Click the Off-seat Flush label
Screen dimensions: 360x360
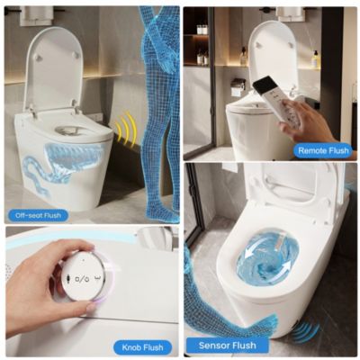pyautogui.click(x=39, y=215)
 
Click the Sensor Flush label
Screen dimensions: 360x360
pyautogui.click(x=220, y=345)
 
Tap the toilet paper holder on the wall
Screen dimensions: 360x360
pyautogui.click(x=238, y=88)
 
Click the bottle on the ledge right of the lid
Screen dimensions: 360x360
pyautogui.click(x=315, y=58)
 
